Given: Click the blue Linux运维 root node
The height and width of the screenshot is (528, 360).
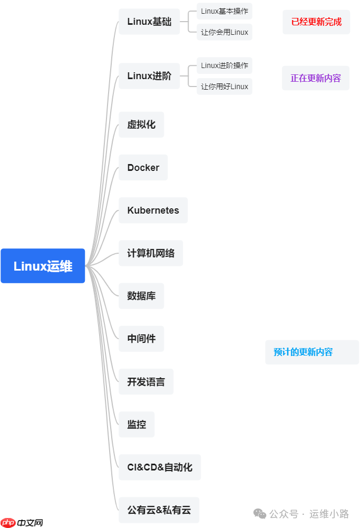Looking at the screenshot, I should [43, 266].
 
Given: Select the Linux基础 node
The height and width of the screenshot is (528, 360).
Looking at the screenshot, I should [149, 22].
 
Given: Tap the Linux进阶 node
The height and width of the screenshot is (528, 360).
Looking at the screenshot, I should [149, 76].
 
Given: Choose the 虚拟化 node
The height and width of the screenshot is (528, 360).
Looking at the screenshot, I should [141, 124].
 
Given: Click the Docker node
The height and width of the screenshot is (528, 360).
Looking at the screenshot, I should [143, 168].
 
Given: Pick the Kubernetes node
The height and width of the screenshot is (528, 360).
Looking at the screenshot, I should [153, 210].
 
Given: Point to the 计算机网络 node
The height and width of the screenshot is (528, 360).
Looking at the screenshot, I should [151, 253].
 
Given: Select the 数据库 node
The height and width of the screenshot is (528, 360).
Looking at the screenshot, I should [141, 296].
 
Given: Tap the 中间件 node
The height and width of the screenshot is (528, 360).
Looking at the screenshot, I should [141, 339].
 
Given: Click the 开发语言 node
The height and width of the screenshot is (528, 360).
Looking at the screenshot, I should [146, 381].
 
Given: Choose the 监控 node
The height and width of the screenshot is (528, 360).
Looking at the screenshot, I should [137, 424].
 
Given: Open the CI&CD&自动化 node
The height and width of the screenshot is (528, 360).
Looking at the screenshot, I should [160, 467].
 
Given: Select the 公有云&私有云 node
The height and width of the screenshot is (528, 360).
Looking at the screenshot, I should [159, 510].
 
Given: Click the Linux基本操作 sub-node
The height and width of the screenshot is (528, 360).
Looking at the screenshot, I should [225, 11].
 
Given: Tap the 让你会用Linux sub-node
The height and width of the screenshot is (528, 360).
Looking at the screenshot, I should [225, 32].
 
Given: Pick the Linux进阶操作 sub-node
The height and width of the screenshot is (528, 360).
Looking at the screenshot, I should [225, 65].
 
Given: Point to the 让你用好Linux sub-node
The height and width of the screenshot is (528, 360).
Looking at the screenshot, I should [225, 87].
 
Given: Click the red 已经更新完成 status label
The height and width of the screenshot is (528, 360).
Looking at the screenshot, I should [316, 22].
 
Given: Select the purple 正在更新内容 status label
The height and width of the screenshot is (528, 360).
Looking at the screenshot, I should [316, 78].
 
